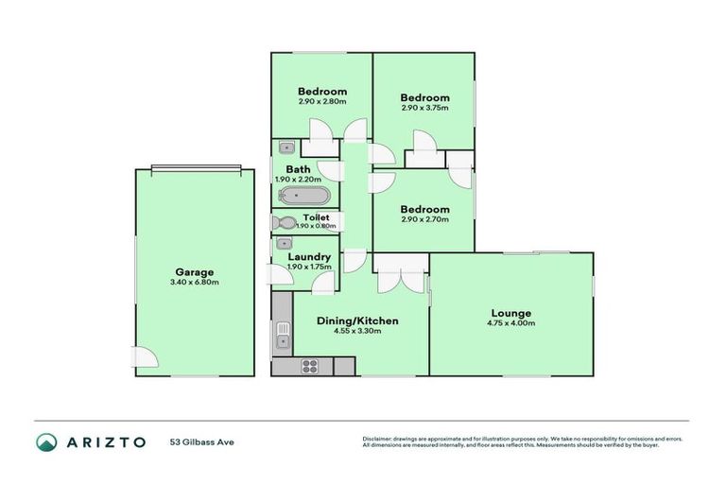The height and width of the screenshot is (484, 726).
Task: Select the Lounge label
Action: [510, 313]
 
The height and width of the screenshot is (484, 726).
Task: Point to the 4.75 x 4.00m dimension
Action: [510, 323]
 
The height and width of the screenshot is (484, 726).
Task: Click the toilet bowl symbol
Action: [282, 223]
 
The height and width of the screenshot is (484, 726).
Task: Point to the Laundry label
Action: [309, 256]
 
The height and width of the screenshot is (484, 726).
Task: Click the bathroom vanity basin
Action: [285, 147]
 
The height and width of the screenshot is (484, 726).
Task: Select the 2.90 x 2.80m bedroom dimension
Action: [321, 102]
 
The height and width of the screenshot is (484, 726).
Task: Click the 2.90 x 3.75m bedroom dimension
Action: [423, 108]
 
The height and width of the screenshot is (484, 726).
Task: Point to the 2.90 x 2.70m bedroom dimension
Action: [423, 219]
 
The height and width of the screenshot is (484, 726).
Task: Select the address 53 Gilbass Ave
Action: [200, 442]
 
